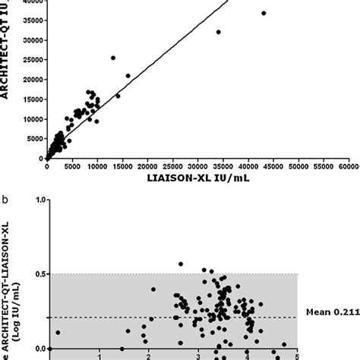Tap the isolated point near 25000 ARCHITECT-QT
[113, 58]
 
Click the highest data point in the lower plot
[181, 264]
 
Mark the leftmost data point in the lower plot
[58, 333]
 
